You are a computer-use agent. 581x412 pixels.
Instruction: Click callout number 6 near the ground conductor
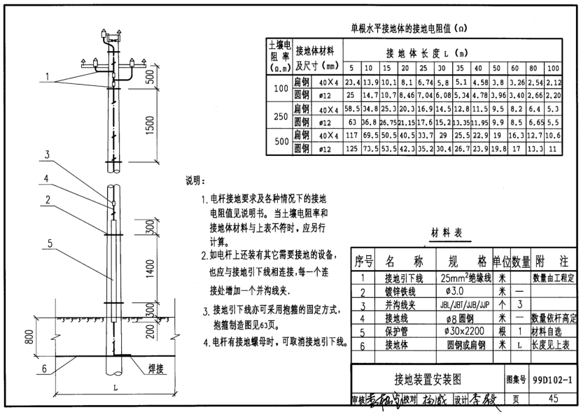pyautogui.click(x=43, y=369)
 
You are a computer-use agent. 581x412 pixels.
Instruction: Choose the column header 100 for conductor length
pyautogui.click(x=553, y=68)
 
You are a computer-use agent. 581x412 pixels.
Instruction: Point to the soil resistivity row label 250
pyautogui.click(x=280, y=116)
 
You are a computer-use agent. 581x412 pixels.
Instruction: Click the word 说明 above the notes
pyautogui.click(x=195, y=180)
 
